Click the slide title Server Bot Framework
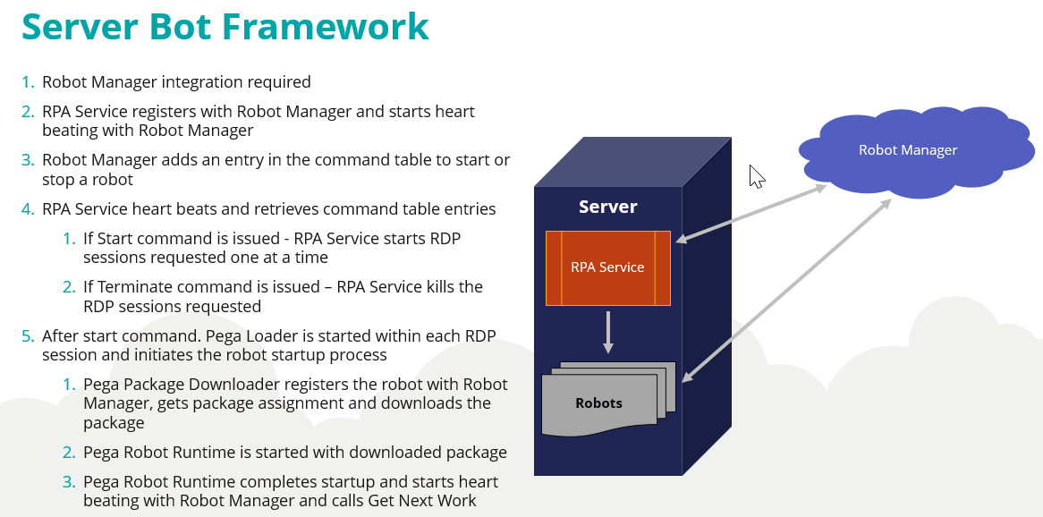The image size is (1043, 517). (225, 27)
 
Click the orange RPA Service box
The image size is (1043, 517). (607, 267)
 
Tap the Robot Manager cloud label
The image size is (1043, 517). (907, 150)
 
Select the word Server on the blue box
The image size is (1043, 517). (607, 207)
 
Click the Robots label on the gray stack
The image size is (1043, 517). (598, 403)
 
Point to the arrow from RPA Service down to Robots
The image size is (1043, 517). (608, 332)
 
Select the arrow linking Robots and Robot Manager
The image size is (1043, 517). (787, 290)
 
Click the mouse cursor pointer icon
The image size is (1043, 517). (756, 175)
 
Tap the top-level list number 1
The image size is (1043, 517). (28, 82)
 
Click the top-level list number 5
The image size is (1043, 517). (28, 336)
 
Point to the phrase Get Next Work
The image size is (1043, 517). (422, 501)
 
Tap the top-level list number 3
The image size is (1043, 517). (28, 160)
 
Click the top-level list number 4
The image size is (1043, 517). (28, 209)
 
